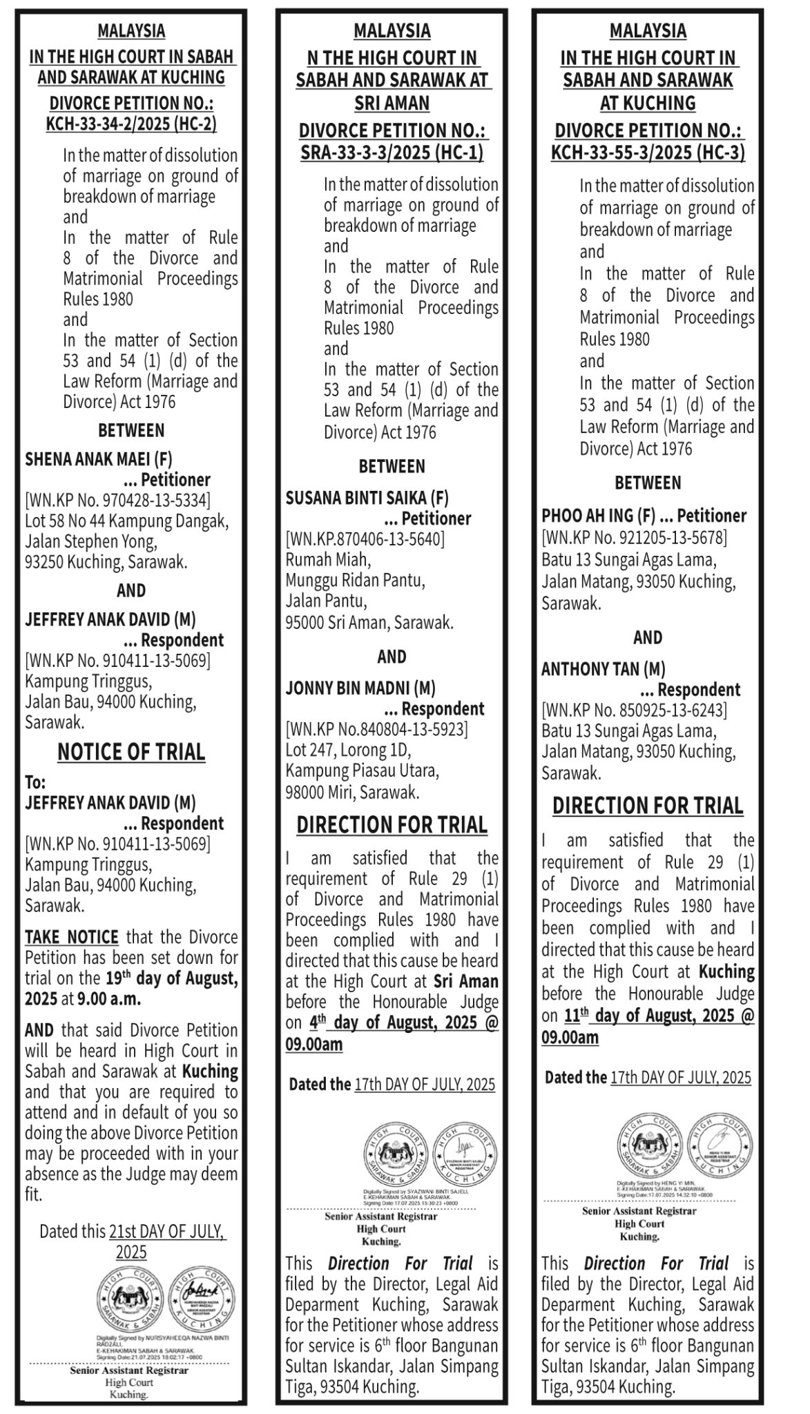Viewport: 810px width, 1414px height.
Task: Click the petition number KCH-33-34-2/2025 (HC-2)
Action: click(x=131, y=124)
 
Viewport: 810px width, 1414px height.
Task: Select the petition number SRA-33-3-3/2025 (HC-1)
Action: click(x=392, y=153)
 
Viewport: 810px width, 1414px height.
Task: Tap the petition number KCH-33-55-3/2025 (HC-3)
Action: click(x=648, y=153)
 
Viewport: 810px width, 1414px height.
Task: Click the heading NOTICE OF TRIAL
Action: click(x=131, y=752)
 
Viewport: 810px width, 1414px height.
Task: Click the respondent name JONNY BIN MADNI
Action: click(x=351, y=688)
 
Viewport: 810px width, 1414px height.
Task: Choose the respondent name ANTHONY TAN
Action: click(x=593, y=668)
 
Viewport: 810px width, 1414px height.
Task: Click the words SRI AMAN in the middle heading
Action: click(x=392, y=104)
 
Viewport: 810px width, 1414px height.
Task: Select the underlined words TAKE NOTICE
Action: click(x=72, y=937)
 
